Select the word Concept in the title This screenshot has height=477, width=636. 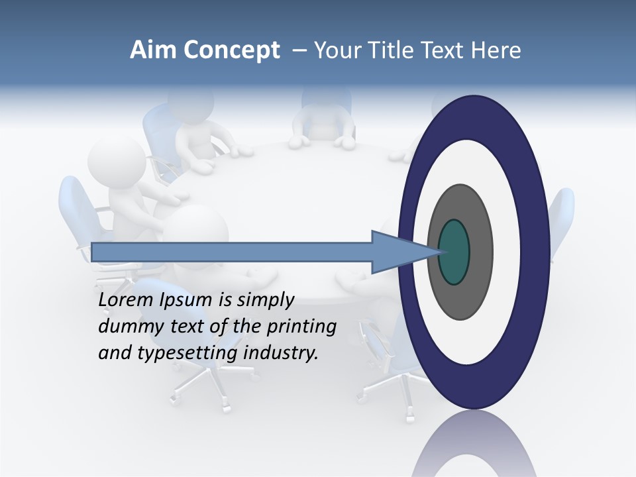[x=231, y=50]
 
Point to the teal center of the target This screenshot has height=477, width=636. [x=453, y=252]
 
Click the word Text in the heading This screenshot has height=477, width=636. [x=441, y=50]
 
